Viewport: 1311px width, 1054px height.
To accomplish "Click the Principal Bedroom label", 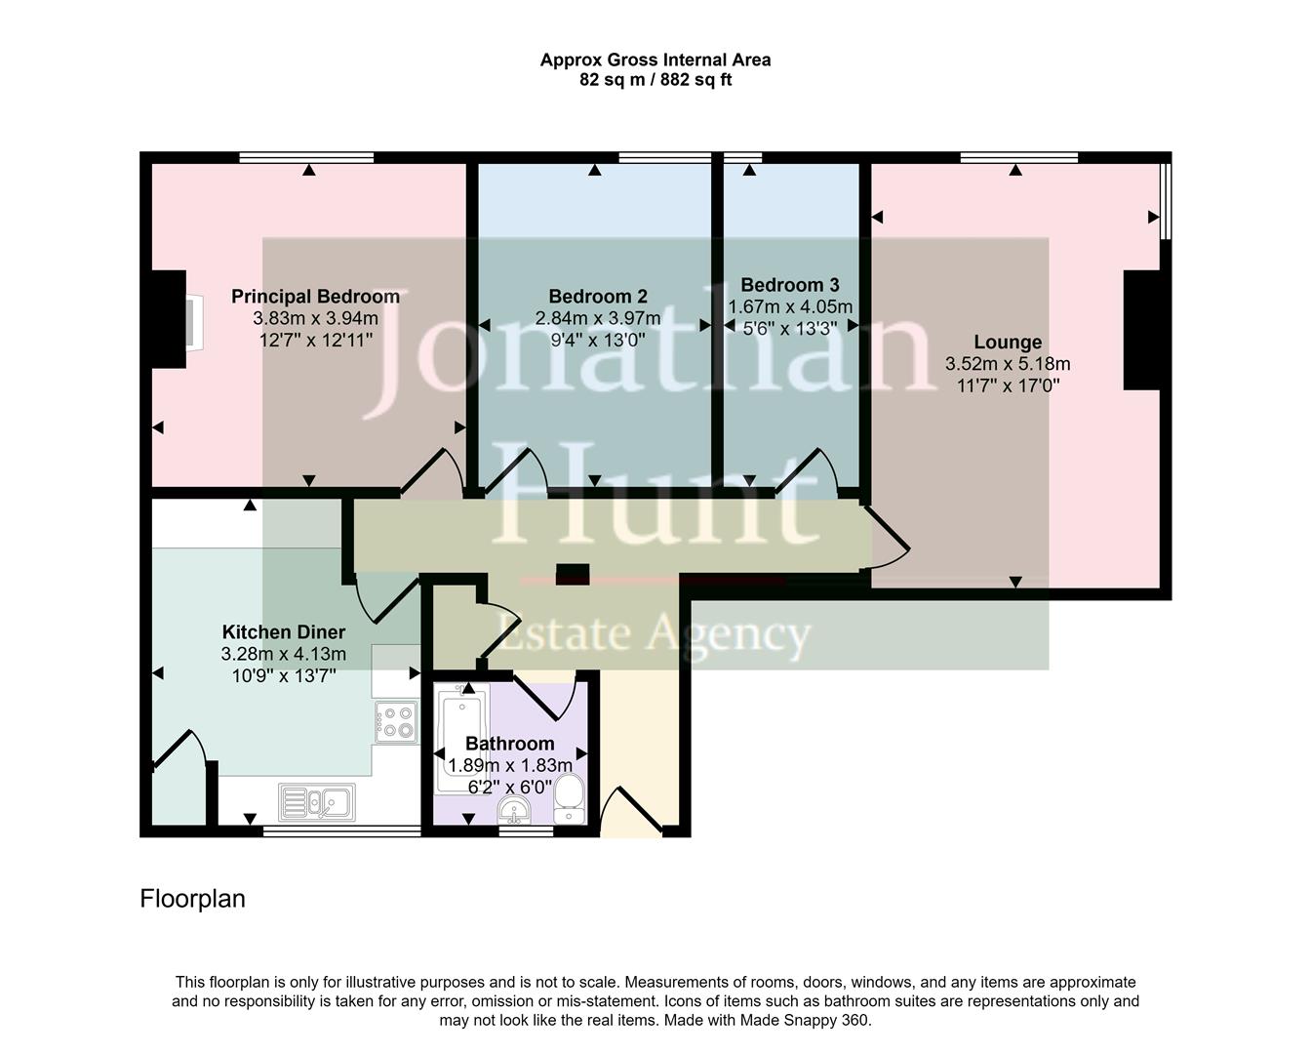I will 315,297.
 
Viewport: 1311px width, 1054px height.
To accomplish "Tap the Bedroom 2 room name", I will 597,297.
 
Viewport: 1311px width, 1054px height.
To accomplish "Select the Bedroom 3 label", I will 789,285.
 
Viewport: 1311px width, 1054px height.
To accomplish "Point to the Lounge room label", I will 1008,343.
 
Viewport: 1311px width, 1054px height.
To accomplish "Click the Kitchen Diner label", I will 284,632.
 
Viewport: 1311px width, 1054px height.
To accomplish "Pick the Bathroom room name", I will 509,744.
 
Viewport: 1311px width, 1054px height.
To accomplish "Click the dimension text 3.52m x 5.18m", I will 1008,364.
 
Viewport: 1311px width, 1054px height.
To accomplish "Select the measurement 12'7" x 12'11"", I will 315,340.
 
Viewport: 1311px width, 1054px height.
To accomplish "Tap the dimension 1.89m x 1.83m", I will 509,766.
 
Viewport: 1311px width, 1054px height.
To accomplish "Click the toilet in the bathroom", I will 568,800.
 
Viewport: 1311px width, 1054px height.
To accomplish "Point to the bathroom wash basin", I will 513,809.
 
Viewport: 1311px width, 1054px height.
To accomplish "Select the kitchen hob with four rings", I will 396,721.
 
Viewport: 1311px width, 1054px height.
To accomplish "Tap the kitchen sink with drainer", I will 317,802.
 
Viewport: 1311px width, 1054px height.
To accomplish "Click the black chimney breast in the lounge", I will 1142,330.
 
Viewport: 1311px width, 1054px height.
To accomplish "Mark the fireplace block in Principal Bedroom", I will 169,319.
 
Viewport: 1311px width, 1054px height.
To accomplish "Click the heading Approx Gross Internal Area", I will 655,60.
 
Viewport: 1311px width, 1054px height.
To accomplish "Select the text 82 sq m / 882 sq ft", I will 655,80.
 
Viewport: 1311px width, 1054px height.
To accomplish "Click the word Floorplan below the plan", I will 192,898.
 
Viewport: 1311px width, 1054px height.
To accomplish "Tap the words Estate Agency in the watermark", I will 655,633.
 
